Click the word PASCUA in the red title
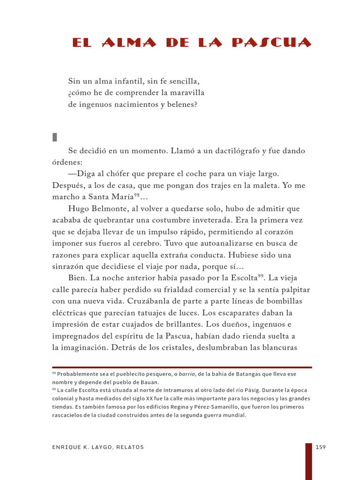coord(271,43)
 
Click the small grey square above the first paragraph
coord(54,137)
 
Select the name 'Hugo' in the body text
coord(78,209)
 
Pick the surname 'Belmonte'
coord(109,209)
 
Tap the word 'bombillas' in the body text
coord(285,301)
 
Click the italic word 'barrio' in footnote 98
coord(187,374)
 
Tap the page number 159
coord(321,447)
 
